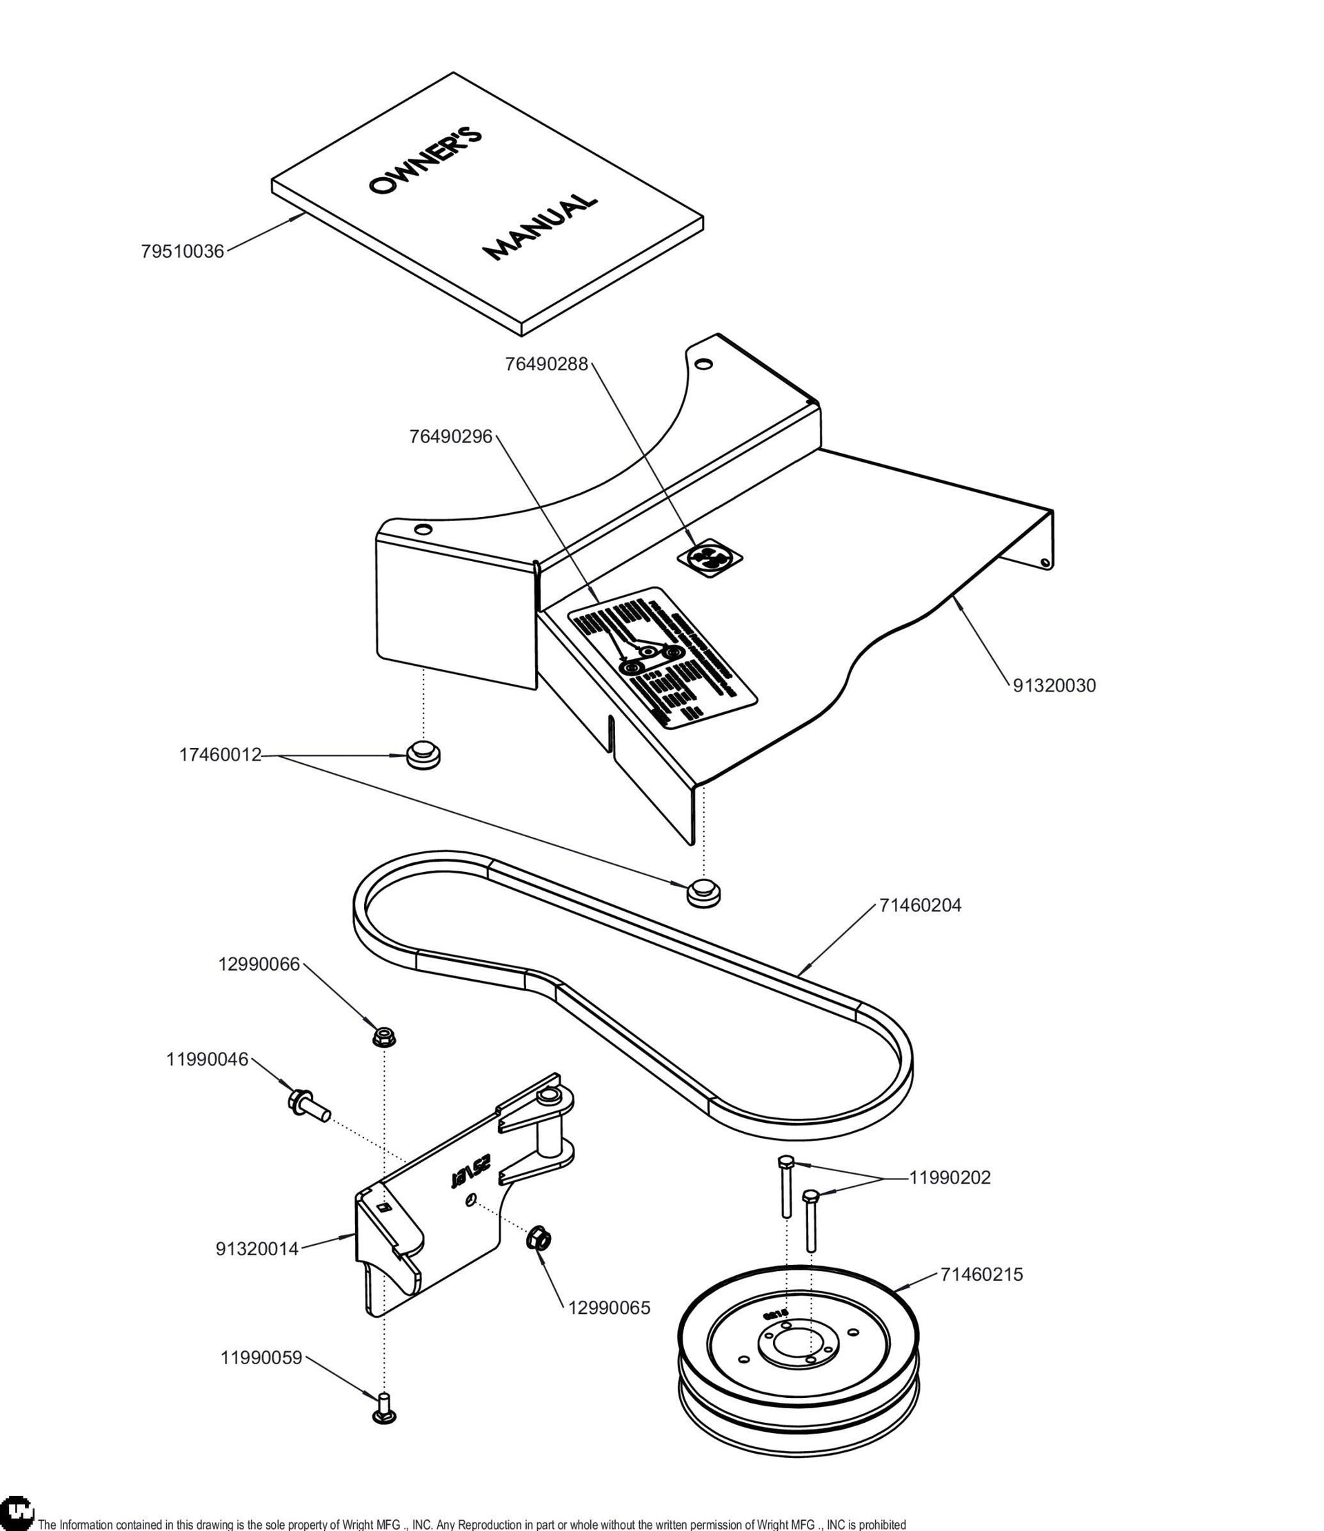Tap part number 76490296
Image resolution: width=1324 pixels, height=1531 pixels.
pos(451,436)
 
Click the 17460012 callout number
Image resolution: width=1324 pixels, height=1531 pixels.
pos(220,755)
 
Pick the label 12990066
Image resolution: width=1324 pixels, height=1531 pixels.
pos(259,964)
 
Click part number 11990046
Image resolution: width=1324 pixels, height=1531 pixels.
pos(207,1059)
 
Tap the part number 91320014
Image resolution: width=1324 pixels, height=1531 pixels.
pos(257,1249)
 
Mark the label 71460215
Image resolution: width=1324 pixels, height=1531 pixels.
pos(982,1275)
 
